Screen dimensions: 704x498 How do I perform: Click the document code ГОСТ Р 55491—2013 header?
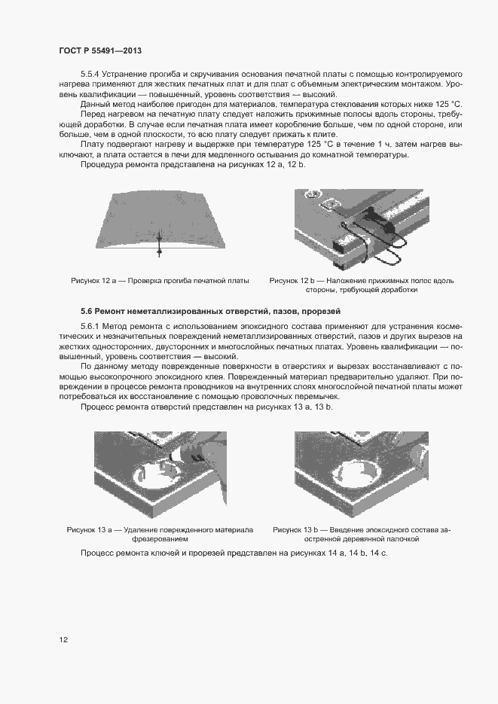[x=100, y=50]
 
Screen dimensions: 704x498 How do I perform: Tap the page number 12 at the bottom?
[x=63, y=640]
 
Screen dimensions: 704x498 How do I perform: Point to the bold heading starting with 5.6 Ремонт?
[x=211, y=309]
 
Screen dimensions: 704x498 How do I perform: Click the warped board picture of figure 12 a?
[x=160, y=223]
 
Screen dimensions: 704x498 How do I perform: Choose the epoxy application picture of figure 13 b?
[x=361, y=474]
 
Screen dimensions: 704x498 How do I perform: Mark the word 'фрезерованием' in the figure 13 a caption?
[x=160, y=539]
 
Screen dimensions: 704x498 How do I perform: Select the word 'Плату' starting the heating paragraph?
[x=92, y=144]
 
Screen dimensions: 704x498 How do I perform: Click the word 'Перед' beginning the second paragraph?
[x=93, y=114]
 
